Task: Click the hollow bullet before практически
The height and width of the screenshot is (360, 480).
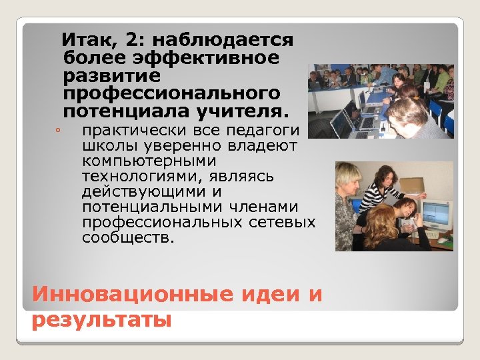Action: [59, 130]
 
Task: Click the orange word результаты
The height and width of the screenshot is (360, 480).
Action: [101, 320]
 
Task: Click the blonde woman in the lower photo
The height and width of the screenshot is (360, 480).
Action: [349, 200]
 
